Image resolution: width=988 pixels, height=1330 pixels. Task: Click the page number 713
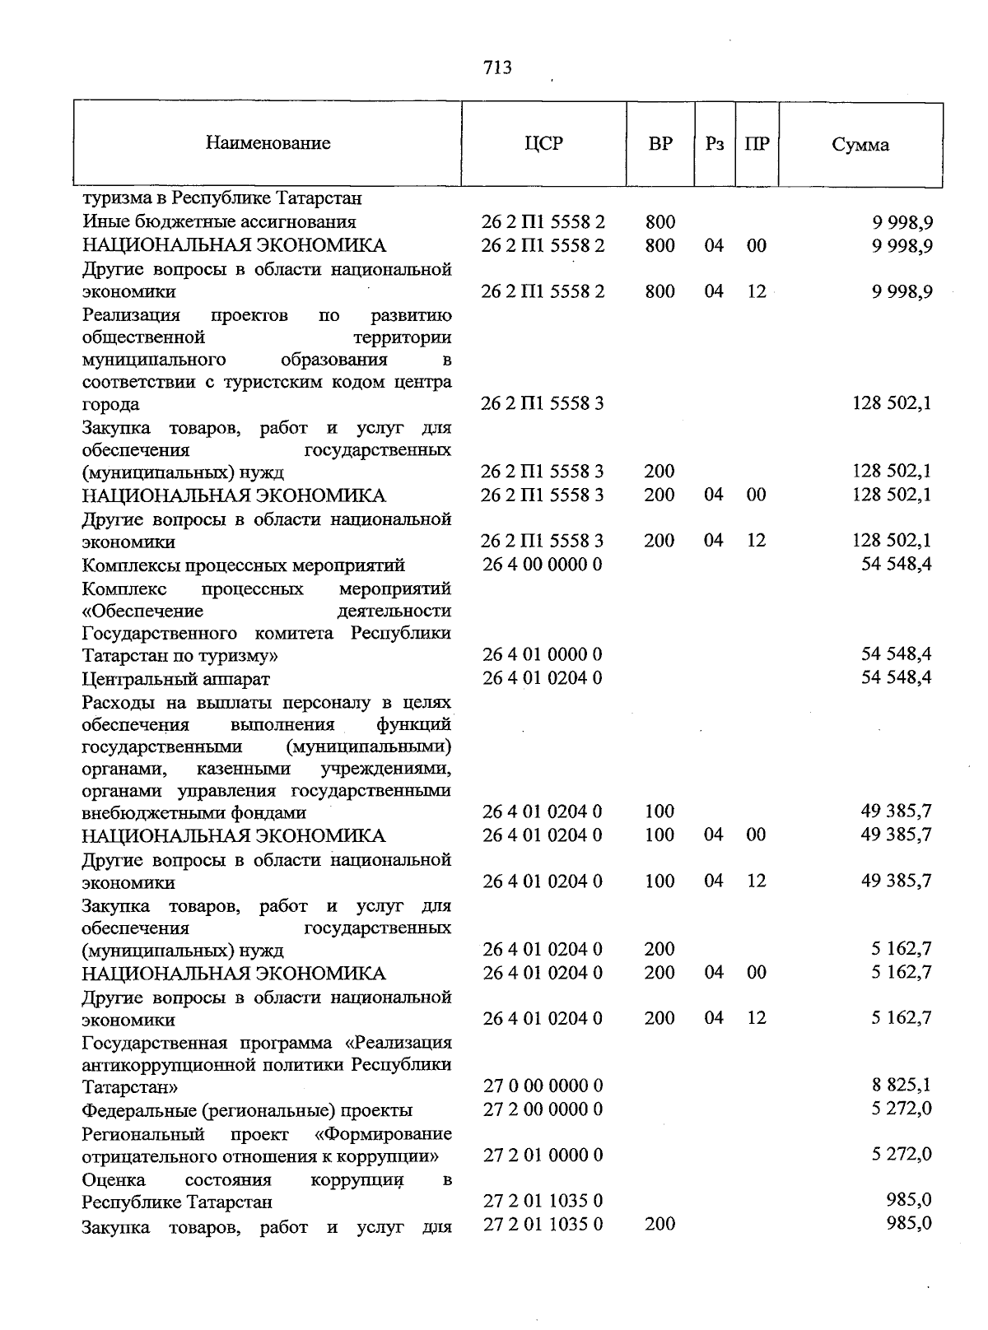point(497,67)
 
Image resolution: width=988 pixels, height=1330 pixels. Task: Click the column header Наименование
point(268,143)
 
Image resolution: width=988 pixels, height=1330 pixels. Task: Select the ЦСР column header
point(543,143)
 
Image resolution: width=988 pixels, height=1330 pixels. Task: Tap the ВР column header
point(660,143)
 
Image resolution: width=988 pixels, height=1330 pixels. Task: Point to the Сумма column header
point(860,145)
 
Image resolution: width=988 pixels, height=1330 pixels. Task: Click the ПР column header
point(757,143)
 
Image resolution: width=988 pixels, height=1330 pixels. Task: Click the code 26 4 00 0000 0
point(543,565)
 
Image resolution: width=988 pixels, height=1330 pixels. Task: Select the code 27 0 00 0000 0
point(543,1086)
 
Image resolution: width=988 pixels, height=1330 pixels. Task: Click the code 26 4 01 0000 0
point(543,654)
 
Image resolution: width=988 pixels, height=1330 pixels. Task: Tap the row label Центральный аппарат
point(175,679)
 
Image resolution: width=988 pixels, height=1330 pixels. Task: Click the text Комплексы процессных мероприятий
point(244,565)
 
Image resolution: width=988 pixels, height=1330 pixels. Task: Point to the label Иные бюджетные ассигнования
point(219,221)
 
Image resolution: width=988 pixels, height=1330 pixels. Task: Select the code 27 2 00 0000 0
point(543,1109)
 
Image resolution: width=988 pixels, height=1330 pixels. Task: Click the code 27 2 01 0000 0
point(543,1155)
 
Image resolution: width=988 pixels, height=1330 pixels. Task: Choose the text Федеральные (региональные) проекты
point(247,1110)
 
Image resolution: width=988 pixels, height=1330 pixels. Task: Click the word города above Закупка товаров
point(111,405)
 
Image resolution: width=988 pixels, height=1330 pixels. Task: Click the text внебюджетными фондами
point(194,813)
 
